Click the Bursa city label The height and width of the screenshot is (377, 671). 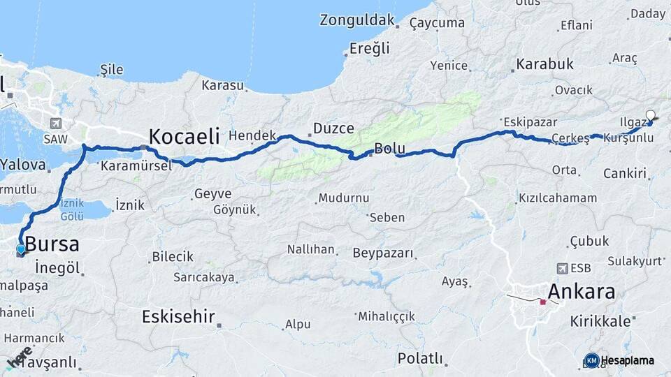tap(52, 244)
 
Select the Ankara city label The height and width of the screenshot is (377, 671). tap(582, 291)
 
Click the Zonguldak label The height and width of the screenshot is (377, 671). tap(357, 20)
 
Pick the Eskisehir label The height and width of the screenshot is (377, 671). tap(178, 316)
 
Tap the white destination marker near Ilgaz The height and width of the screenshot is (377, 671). tap(651, 116)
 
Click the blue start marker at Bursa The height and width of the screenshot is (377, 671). tap(21, 249)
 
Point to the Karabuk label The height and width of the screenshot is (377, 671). tap(545, 64)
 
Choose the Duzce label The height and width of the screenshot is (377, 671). tap(333, 128)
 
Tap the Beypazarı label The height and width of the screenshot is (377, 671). tap(383, 253)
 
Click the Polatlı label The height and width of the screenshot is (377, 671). tap(420, 359)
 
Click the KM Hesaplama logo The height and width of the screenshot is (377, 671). tap(620, 360)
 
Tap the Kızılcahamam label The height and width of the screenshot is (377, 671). tap(558, 198)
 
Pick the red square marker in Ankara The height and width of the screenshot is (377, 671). tap(543, 302)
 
